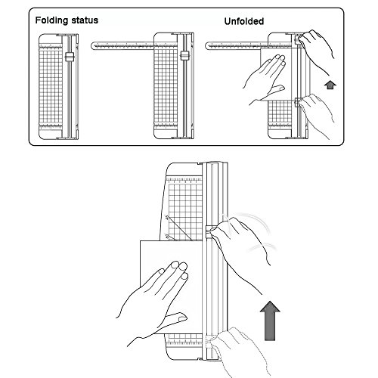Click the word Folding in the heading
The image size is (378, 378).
click(x=51, y=20)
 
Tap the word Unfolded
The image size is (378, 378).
click(x=244, y=21)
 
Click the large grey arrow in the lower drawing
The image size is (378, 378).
click(x=270, y=321)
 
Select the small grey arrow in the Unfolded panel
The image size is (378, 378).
click(x=330, y=85)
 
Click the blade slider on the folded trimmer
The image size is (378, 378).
click(x=70, y=57)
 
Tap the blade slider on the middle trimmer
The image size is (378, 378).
click(x=184, y=56)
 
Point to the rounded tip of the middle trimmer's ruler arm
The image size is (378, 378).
click(x=92, y=45)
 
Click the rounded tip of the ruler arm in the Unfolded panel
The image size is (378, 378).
click(x=207, y=45)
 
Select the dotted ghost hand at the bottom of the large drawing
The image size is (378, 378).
click(x=240, y=350)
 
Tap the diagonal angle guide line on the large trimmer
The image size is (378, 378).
click(x=179, y=228)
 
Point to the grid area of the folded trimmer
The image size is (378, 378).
click(x=51, y=85)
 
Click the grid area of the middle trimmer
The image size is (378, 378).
click(x=166, y=85)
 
